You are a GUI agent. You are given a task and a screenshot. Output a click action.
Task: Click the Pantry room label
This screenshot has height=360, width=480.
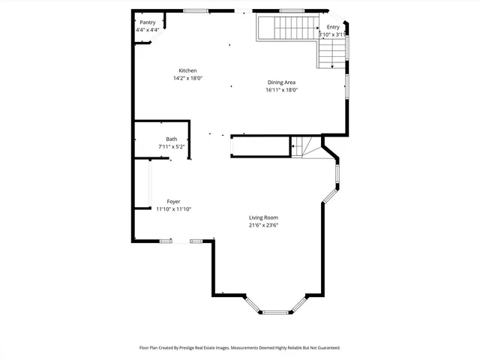pos(147,22)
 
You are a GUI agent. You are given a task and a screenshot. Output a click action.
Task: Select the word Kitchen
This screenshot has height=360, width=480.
pos(187,70)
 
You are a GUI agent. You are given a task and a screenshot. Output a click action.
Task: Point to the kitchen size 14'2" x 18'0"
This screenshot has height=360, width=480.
pos(187,78)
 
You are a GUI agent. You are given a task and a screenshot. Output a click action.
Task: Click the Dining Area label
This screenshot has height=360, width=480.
pos(281,82)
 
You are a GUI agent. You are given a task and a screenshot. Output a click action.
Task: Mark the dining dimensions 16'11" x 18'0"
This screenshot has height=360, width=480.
pos(281,90)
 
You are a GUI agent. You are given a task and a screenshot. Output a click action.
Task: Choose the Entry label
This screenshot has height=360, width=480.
pos(333,27)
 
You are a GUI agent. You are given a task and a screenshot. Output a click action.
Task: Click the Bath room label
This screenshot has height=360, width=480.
pos(172,139)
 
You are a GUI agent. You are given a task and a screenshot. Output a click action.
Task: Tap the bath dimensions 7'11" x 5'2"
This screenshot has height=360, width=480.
pos(172,147)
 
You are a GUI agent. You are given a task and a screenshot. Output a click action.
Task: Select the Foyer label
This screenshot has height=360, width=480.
pos(173,202)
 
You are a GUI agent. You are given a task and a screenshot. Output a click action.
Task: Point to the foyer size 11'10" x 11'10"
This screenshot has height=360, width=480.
pos(173,210)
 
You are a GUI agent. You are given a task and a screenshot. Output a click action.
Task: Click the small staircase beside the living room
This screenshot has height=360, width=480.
pos(300,146)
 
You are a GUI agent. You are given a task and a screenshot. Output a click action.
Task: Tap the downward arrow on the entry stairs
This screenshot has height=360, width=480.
pos(332,65)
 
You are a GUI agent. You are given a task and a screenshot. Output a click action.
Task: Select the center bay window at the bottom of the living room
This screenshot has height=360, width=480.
pos(277,311)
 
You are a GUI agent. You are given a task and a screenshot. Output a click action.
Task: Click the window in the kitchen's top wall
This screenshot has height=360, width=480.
pos(196,10)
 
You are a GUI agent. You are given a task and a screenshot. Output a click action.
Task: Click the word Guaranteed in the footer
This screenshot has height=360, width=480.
pos(325,348)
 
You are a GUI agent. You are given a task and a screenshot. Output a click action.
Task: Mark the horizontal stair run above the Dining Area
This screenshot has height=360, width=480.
pos(288,28)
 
